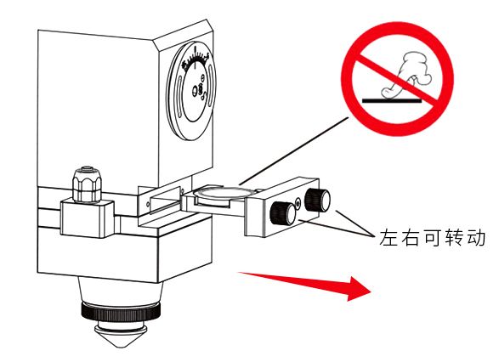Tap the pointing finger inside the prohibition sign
pos(405,75)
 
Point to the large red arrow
pos(305,284)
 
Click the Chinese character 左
pos(388,238)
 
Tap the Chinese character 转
pos(454,238)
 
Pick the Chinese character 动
pos(476,238)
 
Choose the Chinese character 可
pos(432,238)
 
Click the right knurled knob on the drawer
pos(317,200)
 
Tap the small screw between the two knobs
pos(298,202)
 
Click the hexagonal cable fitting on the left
pos(87,184)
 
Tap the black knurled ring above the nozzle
pos(121,312)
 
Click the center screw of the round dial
pos(200,89)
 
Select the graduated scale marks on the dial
pos(195,59)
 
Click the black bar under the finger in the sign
pos(392,101)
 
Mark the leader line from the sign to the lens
pos(294,150)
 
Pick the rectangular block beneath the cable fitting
pos(88,219)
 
